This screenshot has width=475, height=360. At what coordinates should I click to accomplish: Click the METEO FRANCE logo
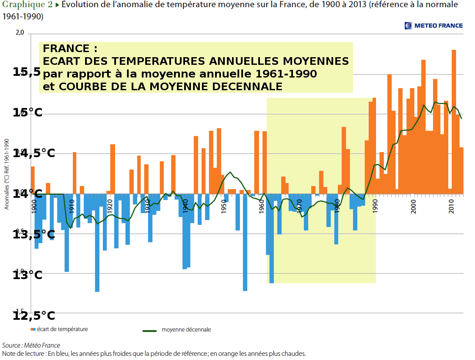pyautogui.click(x=434, y=25)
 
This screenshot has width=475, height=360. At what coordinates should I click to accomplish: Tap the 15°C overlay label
pyautogui.click(x=28, y=113)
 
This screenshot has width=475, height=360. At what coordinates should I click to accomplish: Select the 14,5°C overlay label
pyautogui.click(x=34, y=153)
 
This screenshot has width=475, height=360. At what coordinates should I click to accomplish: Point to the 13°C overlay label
pyautogui.click(x=28, y=275)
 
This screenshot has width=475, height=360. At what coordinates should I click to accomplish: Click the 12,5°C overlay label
pyautogui.click(x=34, y=316)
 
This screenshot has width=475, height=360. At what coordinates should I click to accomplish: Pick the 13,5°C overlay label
pyautogui.click(x=34, y=235)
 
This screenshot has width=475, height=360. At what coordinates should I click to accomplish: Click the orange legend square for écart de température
pyautogui.click(x=33, y=330)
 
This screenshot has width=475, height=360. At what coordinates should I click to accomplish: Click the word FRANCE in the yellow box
pyautogui.click(x=67, y=49)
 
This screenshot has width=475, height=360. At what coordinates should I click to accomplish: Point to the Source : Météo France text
pyautogui.click(x=31, y=345)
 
